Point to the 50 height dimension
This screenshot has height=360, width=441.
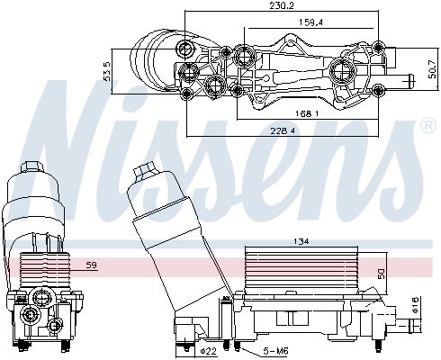[380, 273]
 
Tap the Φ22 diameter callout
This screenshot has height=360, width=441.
[205, 350]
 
